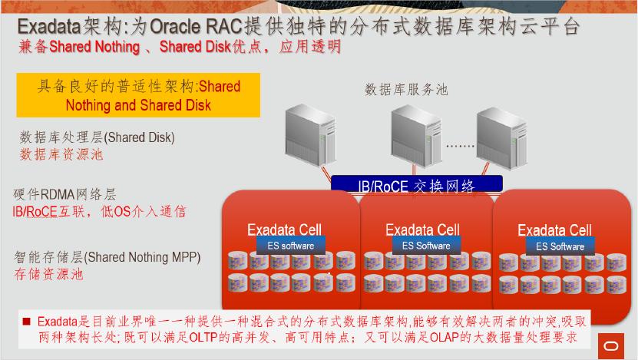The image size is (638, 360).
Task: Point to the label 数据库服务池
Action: point(406,90)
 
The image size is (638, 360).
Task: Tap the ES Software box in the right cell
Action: point(560,246)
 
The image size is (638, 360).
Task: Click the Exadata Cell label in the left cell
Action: point(284,230)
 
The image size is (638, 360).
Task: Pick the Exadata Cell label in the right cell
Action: point(554,230)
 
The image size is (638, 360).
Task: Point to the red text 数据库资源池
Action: point(61,154)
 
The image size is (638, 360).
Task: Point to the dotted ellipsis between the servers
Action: point(461,145)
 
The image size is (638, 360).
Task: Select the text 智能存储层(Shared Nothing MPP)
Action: point(107,257)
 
